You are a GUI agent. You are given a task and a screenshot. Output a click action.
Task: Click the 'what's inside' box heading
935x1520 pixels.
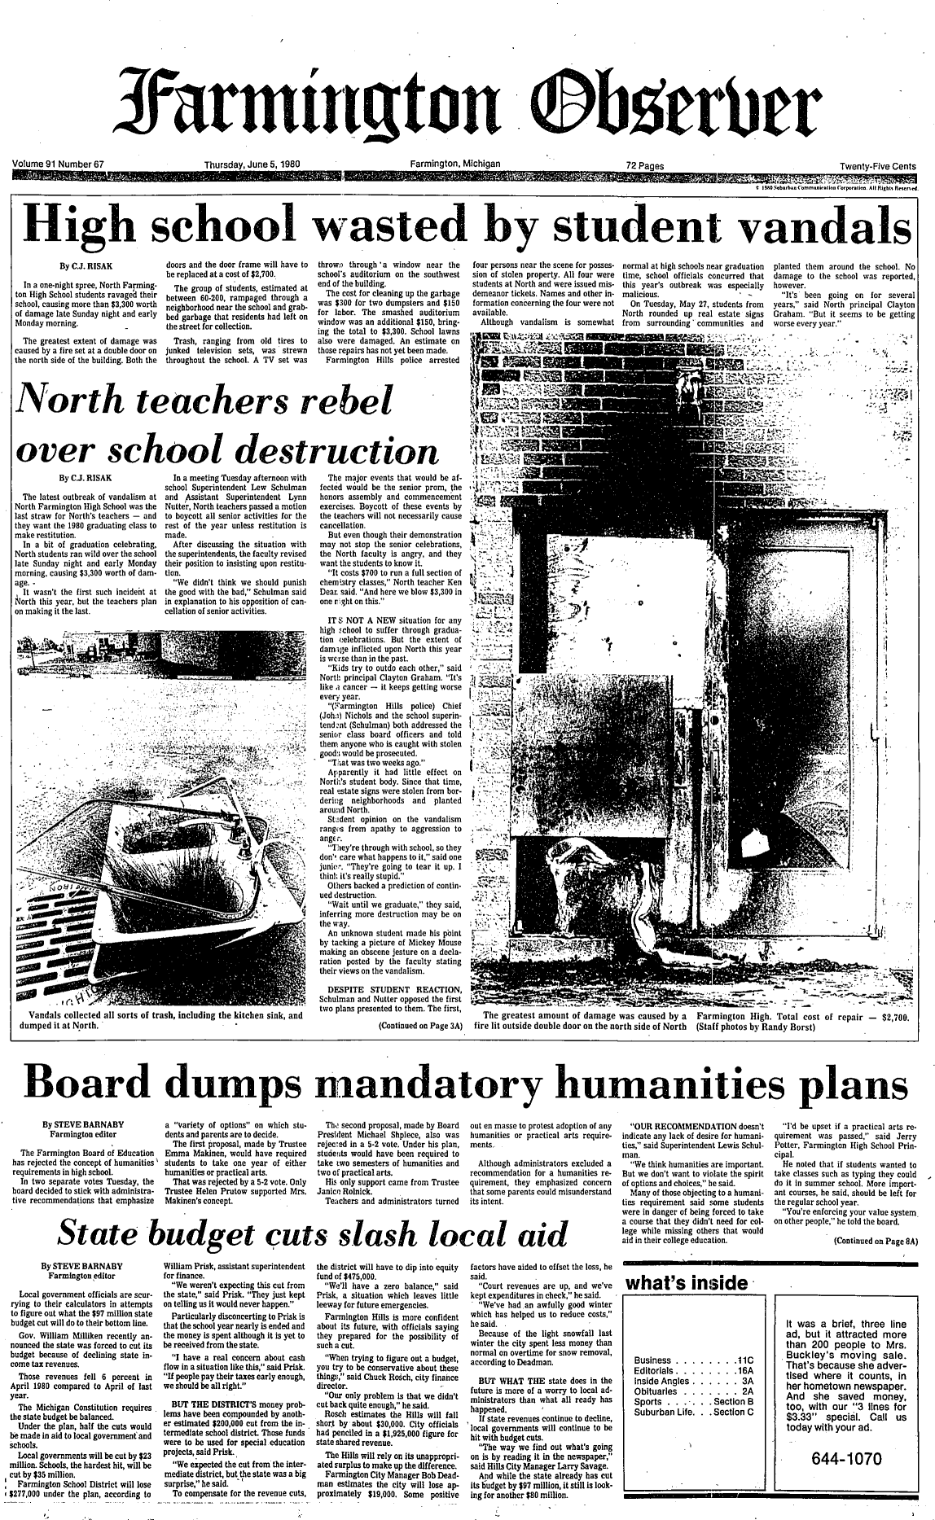pyautogui.click(x=686, y=1284)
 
